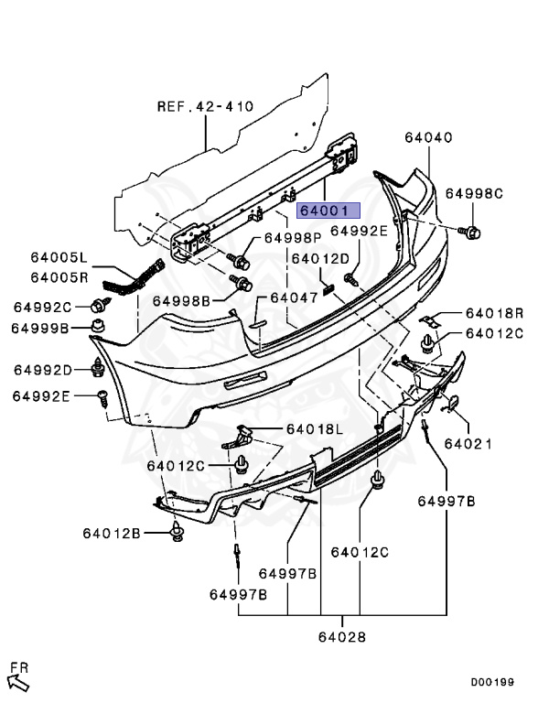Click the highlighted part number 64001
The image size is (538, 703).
328,210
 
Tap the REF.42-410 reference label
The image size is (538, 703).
205,106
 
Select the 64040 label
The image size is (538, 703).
428,136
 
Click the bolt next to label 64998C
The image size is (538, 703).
470,233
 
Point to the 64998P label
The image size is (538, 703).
293,237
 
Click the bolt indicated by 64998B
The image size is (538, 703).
242,284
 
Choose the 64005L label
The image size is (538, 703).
59,257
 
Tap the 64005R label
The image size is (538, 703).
59,277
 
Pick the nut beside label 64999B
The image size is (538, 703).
98,326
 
